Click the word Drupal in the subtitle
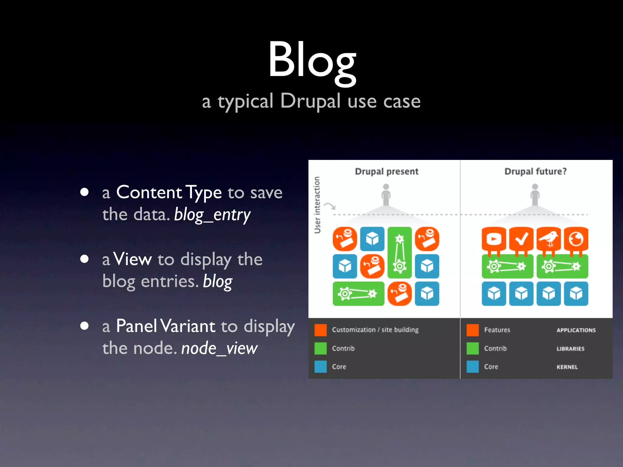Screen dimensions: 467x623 pyautogui.click(x=310, y=101)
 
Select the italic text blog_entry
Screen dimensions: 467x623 pyautogui.click(x=212, y=215)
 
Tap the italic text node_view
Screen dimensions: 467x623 pyautogui.click(x=219, y=348)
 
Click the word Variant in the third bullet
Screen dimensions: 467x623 pyautogui.click(x=188, y=326)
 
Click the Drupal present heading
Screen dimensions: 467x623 pyautogui.click(x=387, y=171)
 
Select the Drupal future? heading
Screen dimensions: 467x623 pyautogui.click(x=535, y=171)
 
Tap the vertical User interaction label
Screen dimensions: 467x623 pyautogui.click(x=317, y=205)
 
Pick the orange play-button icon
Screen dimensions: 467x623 pyautogui.click(x=494, y=239)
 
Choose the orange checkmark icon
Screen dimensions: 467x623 pyautogui.click(x=521, y=239)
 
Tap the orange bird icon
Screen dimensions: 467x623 pyautogui.click(x=548, y=239)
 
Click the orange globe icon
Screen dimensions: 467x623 pyautogui.click(x=576, y=239)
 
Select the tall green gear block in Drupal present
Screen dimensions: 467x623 pyautogui.click(x=399, y=252)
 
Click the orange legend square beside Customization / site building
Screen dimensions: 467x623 pyautogui.click(x=320, y=330)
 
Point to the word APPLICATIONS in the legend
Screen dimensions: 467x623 pyautogui.click(x=576, y=330)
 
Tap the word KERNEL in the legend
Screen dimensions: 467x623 pyautogui.click(x=567, y=367)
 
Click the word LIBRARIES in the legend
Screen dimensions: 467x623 pyautogui.click(x=570, y=349)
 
